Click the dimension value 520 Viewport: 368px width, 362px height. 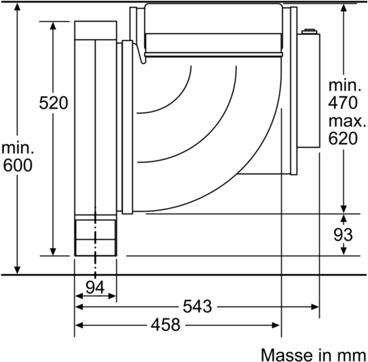click(53, 103)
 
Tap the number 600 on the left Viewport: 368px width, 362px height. click(17, 166)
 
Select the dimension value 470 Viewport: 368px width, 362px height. click(344, 103)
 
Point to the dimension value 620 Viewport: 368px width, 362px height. click(344, 139)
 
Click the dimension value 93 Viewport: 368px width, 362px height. click(344, 235)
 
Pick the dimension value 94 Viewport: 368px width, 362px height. click(95, 286)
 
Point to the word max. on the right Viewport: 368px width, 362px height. click(347, 121)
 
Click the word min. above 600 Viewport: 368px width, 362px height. click(17, 148)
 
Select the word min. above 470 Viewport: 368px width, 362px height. click(344, 85)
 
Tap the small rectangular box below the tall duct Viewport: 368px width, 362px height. click(96, 237)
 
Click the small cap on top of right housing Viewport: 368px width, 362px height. click(310, 30)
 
